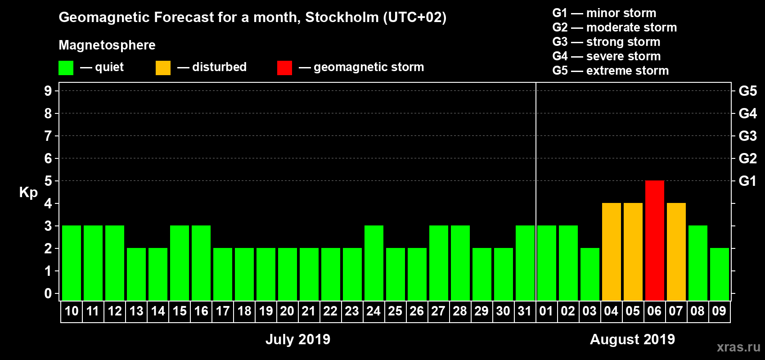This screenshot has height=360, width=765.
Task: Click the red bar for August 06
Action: point(654,241)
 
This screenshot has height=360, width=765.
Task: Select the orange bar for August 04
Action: point(611,252)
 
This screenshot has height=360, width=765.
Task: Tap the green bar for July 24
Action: point(373,263)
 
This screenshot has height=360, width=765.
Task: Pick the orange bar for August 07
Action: point(676,252)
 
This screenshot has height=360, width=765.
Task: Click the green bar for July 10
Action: point(72,263)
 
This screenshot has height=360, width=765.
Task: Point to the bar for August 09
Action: point(719,274)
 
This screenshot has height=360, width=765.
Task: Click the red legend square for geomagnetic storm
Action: point(284,68)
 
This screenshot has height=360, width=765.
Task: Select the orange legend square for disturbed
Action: point(163,68)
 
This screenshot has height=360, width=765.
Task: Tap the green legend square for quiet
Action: point(66,68)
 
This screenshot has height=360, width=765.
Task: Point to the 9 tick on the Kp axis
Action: point(48,91)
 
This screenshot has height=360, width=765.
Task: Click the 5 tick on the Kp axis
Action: point(48,181)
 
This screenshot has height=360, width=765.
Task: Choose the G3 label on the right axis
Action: point(747,136)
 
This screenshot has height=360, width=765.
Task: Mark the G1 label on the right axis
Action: point(747,181)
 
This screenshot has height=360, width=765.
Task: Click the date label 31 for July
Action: point(525,311)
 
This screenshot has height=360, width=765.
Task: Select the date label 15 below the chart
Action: point(180,311)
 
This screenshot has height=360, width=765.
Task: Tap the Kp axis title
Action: point(28,193)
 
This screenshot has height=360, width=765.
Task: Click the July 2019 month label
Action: point(297,339)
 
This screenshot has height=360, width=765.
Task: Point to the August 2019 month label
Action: point(632,339)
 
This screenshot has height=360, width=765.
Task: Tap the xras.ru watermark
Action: point(738,347)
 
